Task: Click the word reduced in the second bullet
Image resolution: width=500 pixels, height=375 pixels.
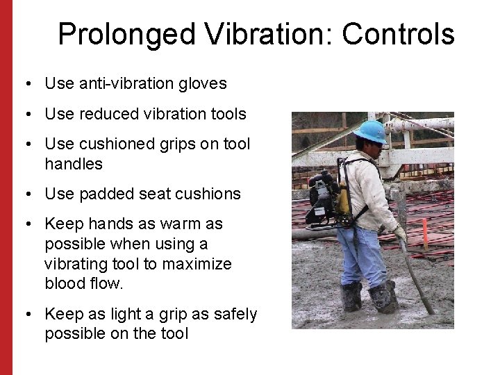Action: click(x=104, y=113)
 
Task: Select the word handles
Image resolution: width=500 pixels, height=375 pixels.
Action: click(x=74, y=164)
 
